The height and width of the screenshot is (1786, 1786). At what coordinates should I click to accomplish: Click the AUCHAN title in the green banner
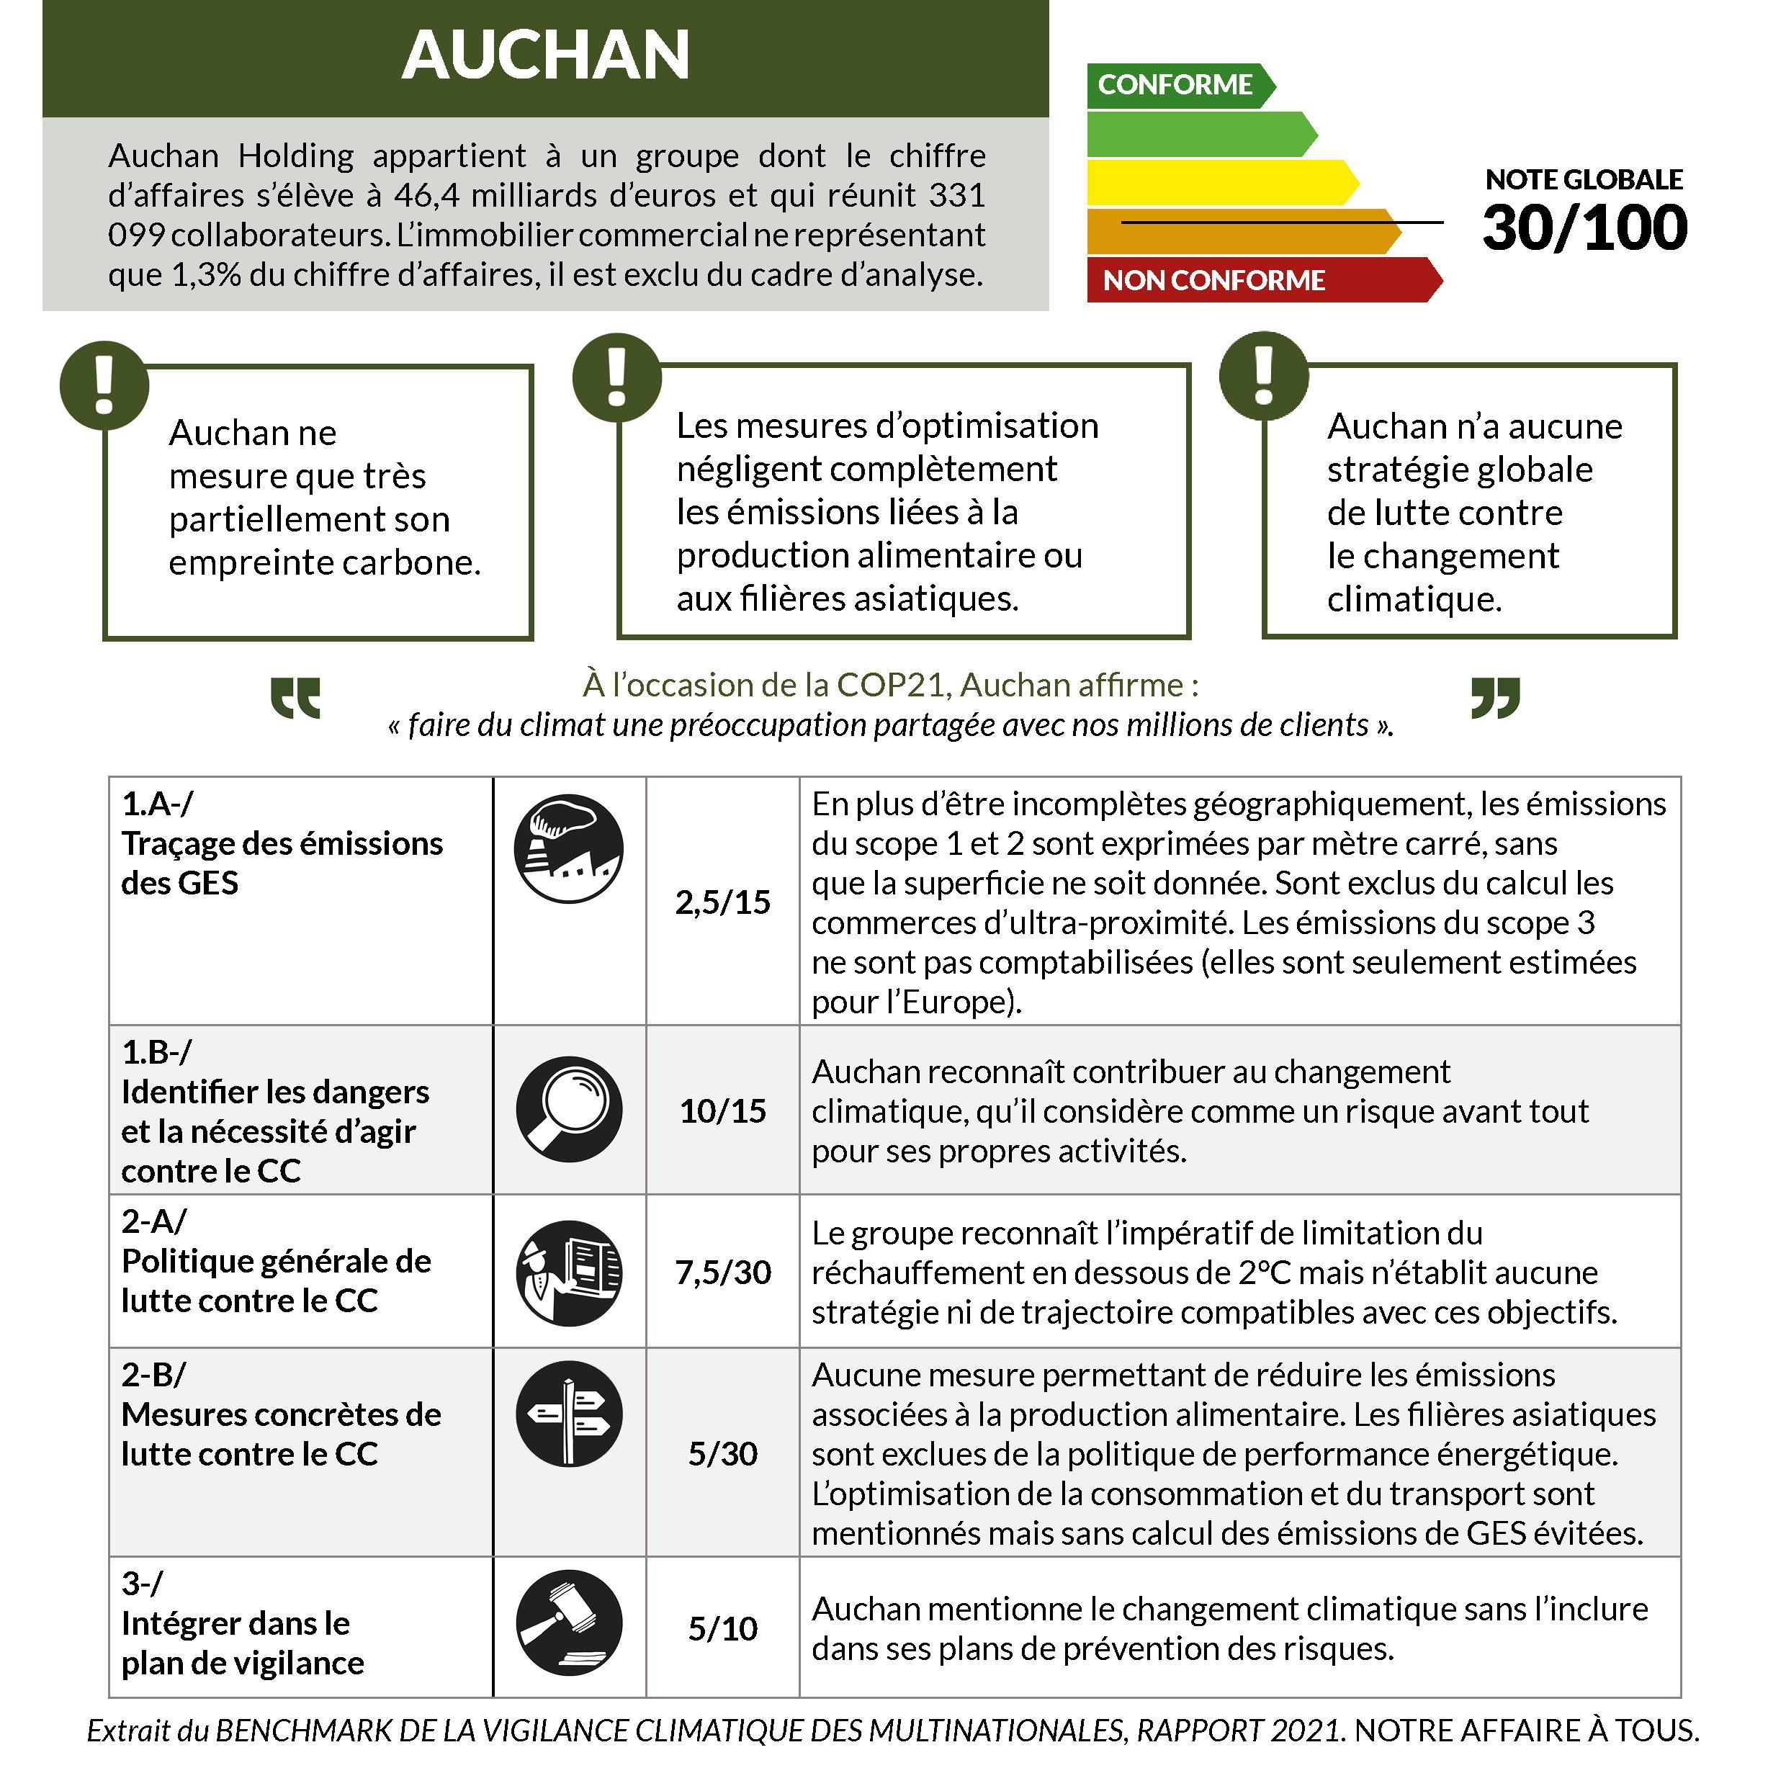click(x=545, y=55)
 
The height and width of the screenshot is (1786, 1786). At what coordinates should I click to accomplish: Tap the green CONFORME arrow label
click(x=1175, y=85)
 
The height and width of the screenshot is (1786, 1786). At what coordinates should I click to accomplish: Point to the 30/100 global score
click(x=1584, y=228)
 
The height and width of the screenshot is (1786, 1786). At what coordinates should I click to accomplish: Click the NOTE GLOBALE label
click(x=1584, y=179)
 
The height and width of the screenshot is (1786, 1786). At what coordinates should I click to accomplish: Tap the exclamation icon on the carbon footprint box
click(x=104, y=385)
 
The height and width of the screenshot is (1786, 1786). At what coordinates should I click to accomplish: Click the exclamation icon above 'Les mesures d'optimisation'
click(x=616, y=377)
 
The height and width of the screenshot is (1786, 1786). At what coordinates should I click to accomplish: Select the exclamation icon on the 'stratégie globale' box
click(x=1264, y=376)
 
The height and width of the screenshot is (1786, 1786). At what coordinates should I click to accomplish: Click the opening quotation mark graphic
click(x=296, y=699)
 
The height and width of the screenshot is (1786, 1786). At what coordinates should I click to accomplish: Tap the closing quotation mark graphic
click(x=1495, y=698)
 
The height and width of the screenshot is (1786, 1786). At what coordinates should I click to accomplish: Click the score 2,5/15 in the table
click(x=722, y=902)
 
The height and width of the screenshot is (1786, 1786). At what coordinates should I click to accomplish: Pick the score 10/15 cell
click(x=722, y=1110)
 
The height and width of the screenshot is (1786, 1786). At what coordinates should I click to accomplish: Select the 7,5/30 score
click(x=722, y=1272)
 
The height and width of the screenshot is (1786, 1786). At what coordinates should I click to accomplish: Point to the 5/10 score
click(x=722, y=1628)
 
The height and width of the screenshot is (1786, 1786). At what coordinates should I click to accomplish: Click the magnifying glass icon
click(x=568, y=1109)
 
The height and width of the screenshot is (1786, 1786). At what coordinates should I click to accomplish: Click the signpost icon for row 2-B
click(x=568, y=1414)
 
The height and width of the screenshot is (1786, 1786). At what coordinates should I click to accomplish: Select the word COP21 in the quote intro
click(x=893, y=685)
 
